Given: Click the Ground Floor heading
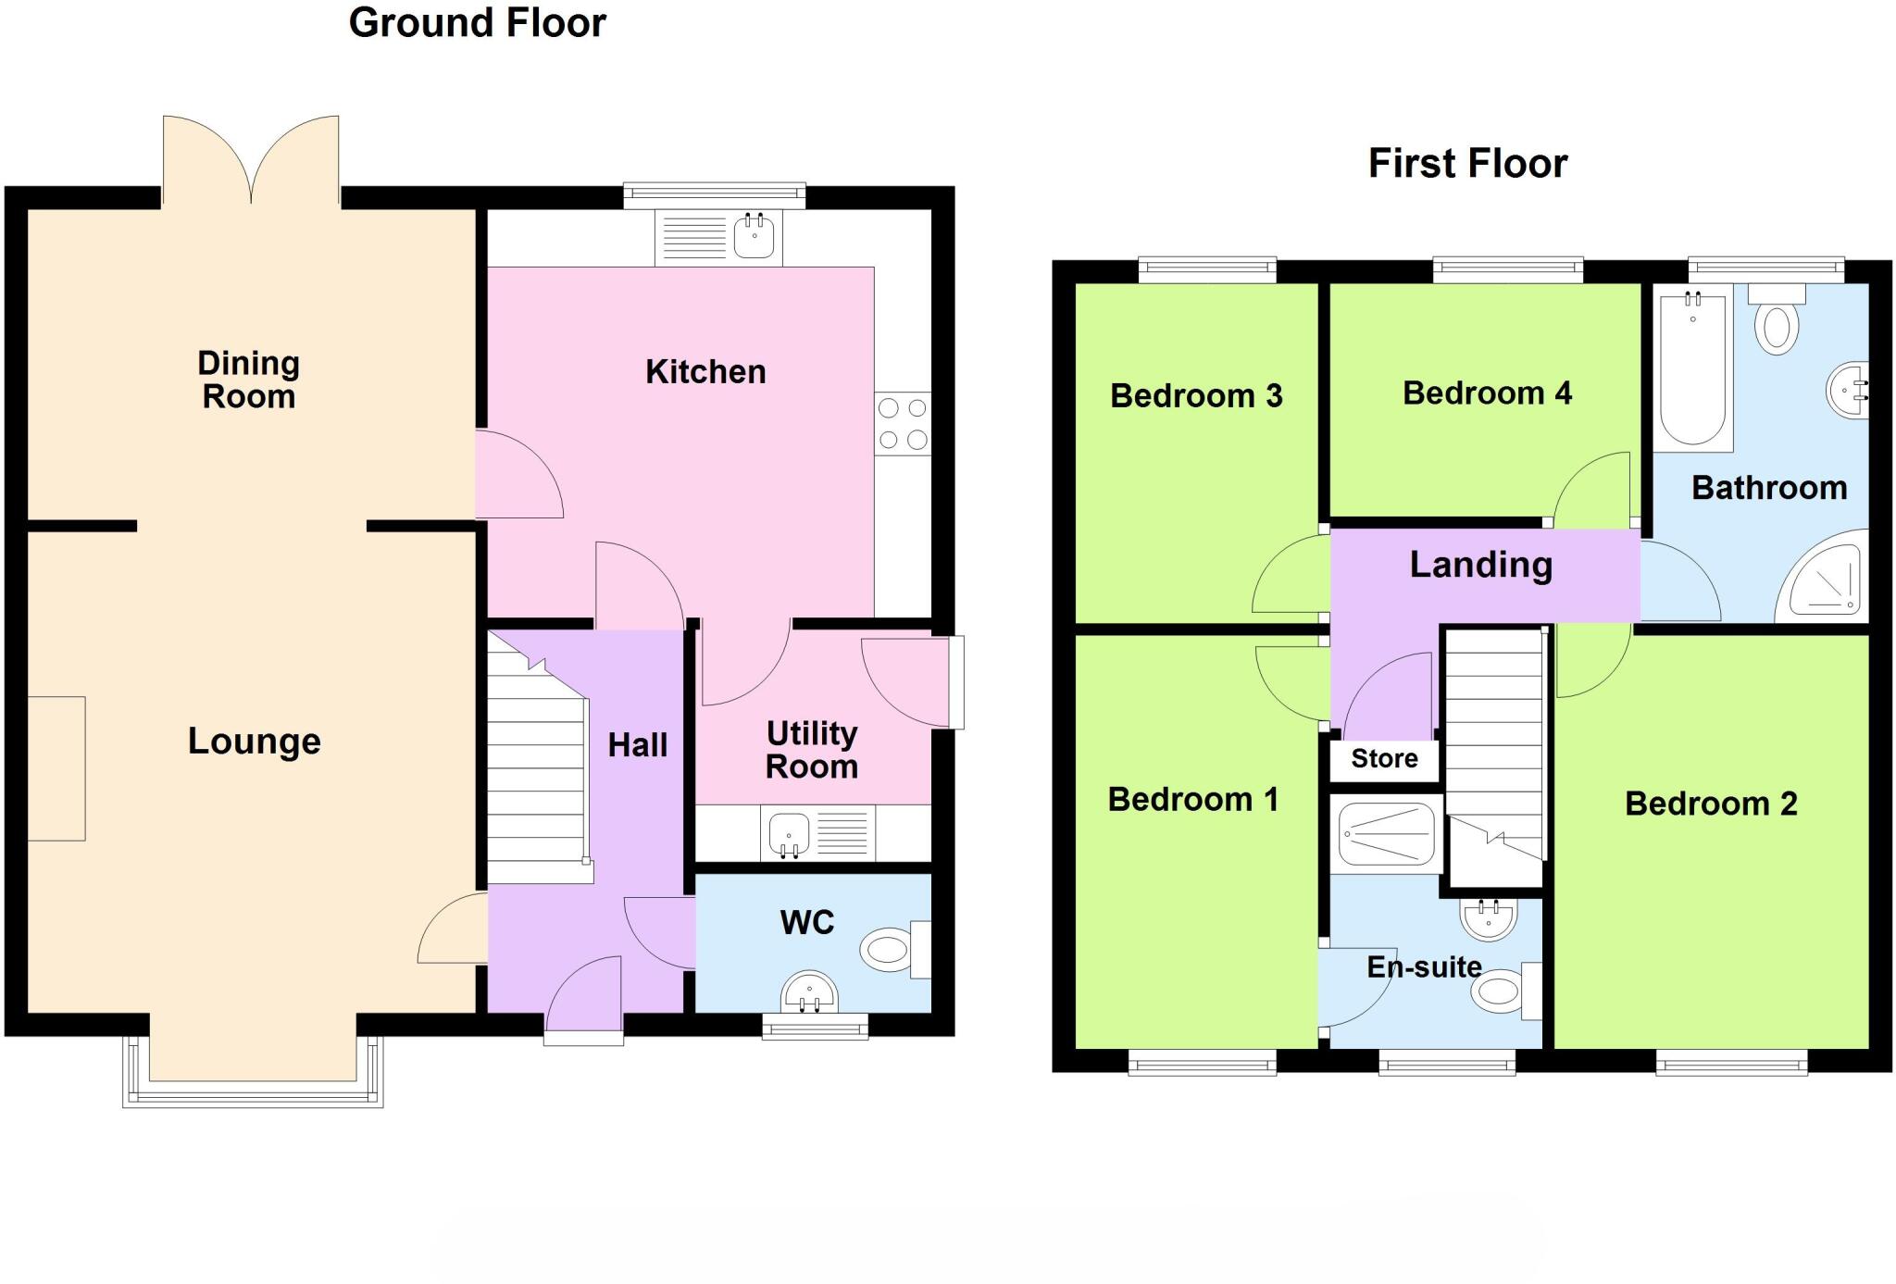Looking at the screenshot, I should click(477, 23).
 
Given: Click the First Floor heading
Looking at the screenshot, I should click(1467, 164).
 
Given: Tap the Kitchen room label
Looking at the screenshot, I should click(705, 372).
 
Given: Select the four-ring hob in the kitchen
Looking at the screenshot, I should click(903, 424).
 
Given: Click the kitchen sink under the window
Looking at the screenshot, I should click(754, 236).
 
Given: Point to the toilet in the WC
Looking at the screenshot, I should click(891, 950).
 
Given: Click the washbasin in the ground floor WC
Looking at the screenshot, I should click(810, 992).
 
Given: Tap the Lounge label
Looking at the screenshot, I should click(255, 742).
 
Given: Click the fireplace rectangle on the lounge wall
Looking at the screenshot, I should click(56, 768).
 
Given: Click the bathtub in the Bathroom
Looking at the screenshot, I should click(1692, 370).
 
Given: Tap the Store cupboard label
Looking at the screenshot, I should click(1384, 759).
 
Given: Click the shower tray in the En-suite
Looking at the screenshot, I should click(1386, 834).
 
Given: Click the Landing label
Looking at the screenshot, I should click(1480, 565).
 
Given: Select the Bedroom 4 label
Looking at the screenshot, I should click(1487, 393).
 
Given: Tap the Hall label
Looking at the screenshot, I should click(638, 745).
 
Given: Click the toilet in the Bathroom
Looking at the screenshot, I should click(1777, 324).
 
